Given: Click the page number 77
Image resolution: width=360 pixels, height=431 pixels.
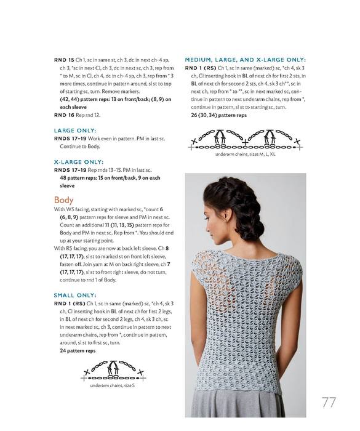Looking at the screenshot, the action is [329, 403].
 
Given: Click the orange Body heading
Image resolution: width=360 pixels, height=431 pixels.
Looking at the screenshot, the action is [63, 200].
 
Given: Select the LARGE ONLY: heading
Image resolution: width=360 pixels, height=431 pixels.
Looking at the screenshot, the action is [75, 131].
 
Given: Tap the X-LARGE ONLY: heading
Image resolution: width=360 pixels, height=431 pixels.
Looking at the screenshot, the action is [79, 162].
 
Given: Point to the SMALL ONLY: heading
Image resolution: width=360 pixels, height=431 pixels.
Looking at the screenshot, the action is [75, 296].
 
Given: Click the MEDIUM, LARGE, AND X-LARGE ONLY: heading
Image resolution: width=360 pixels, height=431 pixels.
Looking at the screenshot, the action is [245, 60].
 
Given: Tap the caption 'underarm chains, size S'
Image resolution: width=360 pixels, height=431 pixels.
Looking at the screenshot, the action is [112, 385].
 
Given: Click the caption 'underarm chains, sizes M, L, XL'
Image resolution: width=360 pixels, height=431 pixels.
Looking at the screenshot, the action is [245, 154].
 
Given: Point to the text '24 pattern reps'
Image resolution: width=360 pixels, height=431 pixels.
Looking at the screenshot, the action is [78, 351].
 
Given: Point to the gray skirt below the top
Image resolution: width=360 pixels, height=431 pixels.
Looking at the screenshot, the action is [236, 403].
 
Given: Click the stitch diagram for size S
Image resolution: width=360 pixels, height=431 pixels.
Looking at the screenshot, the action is [113, 371].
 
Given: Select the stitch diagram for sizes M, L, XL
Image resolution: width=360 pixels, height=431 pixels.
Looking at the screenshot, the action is [246, 140].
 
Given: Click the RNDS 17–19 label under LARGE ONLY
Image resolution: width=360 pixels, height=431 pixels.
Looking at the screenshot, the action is [70, 139].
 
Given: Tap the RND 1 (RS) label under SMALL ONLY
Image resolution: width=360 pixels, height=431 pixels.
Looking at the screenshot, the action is [70, 304].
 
